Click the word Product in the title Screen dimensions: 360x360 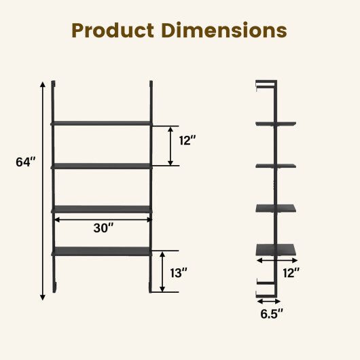pos(113,31)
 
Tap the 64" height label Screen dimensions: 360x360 pos(26,162)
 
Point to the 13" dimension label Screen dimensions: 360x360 pos(179,272)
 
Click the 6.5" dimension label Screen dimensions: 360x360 pos(271,313)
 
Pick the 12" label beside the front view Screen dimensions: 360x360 pos(187,141)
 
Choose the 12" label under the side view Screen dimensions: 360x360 pos(290,272)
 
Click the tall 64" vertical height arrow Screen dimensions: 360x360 pos(43,190)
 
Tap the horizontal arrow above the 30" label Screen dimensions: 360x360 pos(102,219)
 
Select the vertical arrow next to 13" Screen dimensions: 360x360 pos(162,272)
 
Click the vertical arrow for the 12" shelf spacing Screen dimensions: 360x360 pos(170,145)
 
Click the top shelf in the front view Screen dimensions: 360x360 pos(102,123)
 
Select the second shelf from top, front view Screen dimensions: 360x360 pos(102,165)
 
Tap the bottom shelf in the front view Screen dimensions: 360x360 pos(102,250)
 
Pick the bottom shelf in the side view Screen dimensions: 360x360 pos(276,250)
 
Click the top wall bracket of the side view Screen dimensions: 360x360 pos(266,84)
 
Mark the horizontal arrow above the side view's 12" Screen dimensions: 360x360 pos(277,259)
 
